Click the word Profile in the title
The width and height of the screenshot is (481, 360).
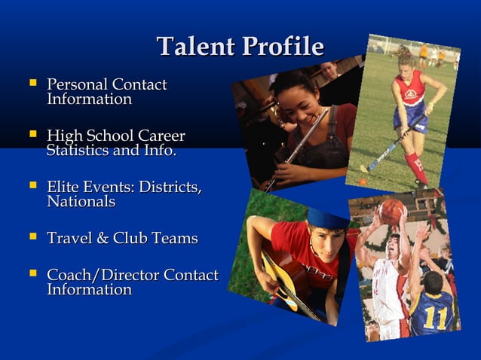click(282, 47)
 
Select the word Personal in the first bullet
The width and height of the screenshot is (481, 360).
click(78, 84)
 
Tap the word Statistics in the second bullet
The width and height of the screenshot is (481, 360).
click(78, 151)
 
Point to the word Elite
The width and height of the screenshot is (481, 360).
click(63, 187)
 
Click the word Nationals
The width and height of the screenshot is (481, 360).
click(81, 202)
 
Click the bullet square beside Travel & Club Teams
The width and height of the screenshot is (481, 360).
click(32, 237)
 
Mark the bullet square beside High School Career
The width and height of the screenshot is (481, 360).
click(32, 135)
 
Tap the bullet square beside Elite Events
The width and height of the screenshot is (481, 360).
click(32, 186)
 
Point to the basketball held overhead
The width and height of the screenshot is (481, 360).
click(391, 212)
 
